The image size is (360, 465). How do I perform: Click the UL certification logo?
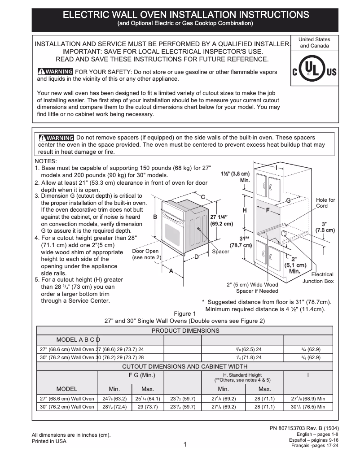click(x=314, y=71)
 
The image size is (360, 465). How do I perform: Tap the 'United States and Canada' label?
click(x=314, y=43)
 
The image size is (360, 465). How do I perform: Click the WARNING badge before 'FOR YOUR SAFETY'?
click(x=55, y=72)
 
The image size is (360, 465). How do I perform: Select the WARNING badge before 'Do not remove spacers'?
click(x=56, y=138)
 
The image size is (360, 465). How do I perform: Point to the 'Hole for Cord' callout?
click(x=325, y=203)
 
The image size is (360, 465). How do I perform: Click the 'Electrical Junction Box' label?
click(x=318, y=278)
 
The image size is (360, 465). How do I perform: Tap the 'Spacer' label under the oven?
click(x=220, y=252)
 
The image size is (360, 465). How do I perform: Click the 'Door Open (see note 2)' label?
click(x=146, y=254)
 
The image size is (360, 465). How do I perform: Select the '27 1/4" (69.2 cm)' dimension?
click(x=221, y=220)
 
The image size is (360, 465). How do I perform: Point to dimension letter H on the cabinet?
click(x=245, y=210)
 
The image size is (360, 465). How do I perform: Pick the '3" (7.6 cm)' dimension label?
click(x=325, y=227)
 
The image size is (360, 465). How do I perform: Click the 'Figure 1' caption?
click(x=185, y=313)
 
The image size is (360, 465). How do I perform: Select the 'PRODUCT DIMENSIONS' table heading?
click(x=185, y=330)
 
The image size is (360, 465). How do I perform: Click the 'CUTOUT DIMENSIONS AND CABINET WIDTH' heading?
click(x=185, y=366)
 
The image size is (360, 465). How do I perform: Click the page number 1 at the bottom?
click(x=185, y=444)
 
